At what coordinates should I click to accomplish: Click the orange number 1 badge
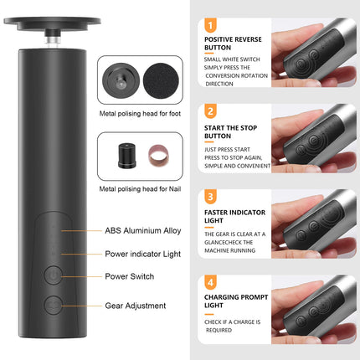pyautogui.click(x=210, y=25)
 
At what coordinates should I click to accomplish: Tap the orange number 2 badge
pyautogui.click(x=210, y=111)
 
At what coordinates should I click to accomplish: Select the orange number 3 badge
pyautogui.click(x=210, y=197)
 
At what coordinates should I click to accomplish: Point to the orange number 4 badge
pyautogui.click(x=210, y=282)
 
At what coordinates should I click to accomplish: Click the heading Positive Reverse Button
pyautogui.click(x=233, y=44)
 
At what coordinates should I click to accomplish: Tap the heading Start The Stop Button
pyautogui.click(x=230, y=132)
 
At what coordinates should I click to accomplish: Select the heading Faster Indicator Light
pyautogui.click(x=234, y=216)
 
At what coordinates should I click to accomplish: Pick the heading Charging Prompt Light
pyautogui.click(x=236, y=301)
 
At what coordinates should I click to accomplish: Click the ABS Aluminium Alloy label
pyautogui.click(x=143, y=231)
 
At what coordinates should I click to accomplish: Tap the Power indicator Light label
pyautogui.click(x=143, y=254)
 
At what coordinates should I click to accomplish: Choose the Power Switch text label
pyautogui.click(x=130, y=276)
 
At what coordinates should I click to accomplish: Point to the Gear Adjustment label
pyautogui.click(x=136, y=306)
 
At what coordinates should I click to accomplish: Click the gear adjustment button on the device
pyautogui.click(x=54, y=306)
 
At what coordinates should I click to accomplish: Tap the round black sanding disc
pyautogui.click(x=161, y=81)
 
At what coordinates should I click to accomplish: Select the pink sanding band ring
pyautogui.click(x=158, y=156)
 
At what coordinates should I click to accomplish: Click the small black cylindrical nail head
pyautogui.click(x=127, y=156)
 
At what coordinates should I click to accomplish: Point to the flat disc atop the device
pyautogui.click(x=52, y=23)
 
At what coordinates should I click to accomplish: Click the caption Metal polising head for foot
pyautogui.click(x=140, y=114)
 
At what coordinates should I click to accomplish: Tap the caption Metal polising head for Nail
pyautogui.click(x=140, y=189)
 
